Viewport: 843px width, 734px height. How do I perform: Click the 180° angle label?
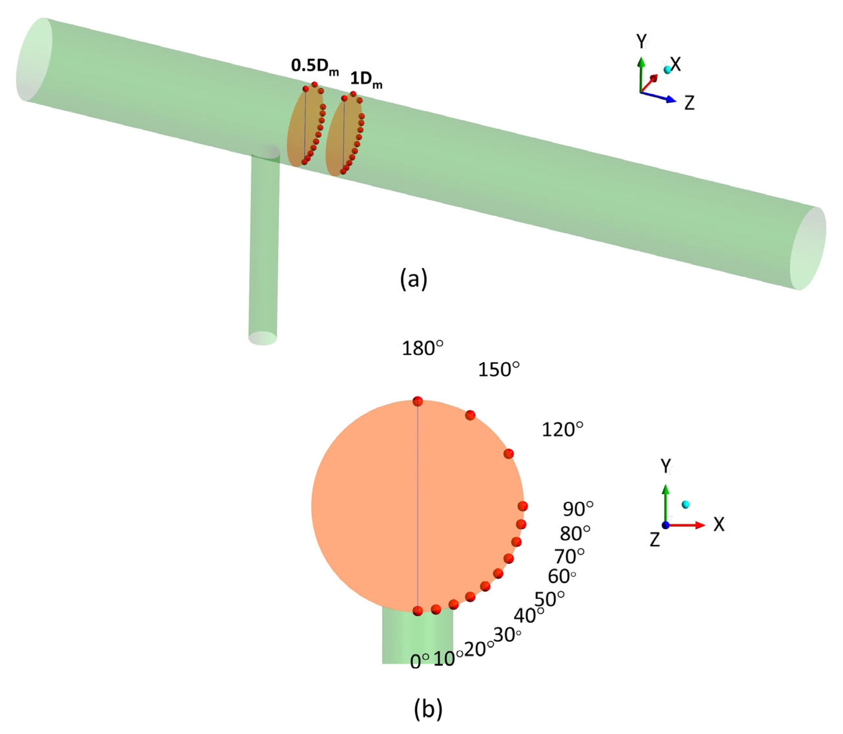coord(422,348)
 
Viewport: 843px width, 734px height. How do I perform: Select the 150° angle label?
coord(498,369)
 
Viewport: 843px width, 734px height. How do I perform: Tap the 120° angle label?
coord(562,429)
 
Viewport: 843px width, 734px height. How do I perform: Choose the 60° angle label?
coord(561,576)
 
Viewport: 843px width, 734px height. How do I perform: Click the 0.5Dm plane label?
coord(315,66)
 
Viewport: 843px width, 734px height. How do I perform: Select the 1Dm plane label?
coord(366,79)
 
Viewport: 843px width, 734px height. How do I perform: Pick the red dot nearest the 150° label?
coord(470,415)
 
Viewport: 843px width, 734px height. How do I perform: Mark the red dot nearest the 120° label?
coord(509,454)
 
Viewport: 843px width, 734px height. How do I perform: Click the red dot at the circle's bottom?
coord(417,611)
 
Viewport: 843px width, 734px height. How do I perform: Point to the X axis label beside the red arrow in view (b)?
coord(719,524)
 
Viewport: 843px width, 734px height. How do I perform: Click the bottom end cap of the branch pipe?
coord(262,338)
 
